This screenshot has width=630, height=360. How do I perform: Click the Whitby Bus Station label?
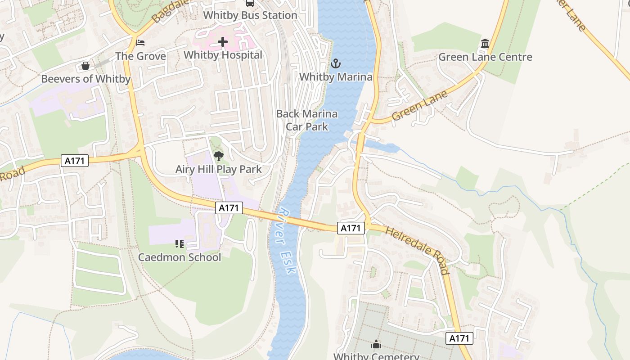250,15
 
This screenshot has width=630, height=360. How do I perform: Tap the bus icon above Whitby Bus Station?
250,3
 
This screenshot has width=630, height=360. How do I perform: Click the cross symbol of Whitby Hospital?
223,42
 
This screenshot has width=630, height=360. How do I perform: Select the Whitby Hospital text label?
223,55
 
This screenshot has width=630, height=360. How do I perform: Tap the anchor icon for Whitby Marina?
336,64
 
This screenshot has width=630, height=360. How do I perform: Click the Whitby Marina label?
336,77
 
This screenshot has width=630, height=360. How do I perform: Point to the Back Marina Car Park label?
307,120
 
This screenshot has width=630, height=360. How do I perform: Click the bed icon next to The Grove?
140,43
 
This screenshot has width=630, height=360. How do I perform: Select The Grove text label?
140,56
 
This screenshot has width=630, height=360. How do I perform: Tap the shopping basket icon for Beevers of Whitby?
85,66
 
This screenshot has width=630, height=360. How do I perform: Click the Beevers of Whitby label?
85,79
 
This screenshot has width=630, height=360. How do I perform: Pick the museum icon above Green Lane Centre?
485,44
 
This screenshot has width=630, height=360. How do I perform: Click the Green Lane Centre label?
485,57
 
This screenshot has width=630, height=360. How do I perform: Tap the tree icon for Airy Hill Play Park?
219,156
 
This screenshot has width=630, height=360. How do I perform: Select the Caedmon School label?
179,257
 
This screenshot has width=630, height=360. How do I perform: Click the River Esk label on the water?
286,240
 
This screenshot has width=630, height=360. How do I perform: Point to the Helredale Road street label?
418,250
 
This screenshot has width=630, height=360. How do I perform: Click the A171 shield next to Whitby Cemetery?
459,338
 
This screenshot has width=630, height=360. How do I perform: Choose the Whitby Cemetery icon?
376,345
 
